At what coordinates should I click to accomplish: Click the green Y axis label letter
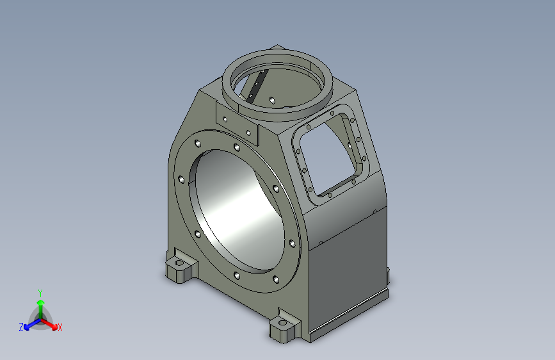(40, 293)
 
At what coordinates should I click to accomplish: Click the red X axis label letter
(60, 327)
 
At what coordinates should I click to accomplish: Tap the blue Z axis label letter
(21, 327)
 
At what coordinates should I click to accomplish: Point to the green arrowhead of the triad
(41, 303)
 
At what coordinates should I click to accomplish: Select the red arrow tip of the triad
(54, 327)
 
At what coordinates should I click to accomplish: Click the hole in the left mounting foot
(179, 263)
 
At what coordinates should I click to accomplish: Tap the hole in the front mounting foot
(282, 323)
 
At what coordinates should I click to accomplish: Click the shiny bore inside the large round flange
(236, 209)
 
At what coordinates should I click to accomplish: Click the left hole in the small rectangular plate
(225, 119)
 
